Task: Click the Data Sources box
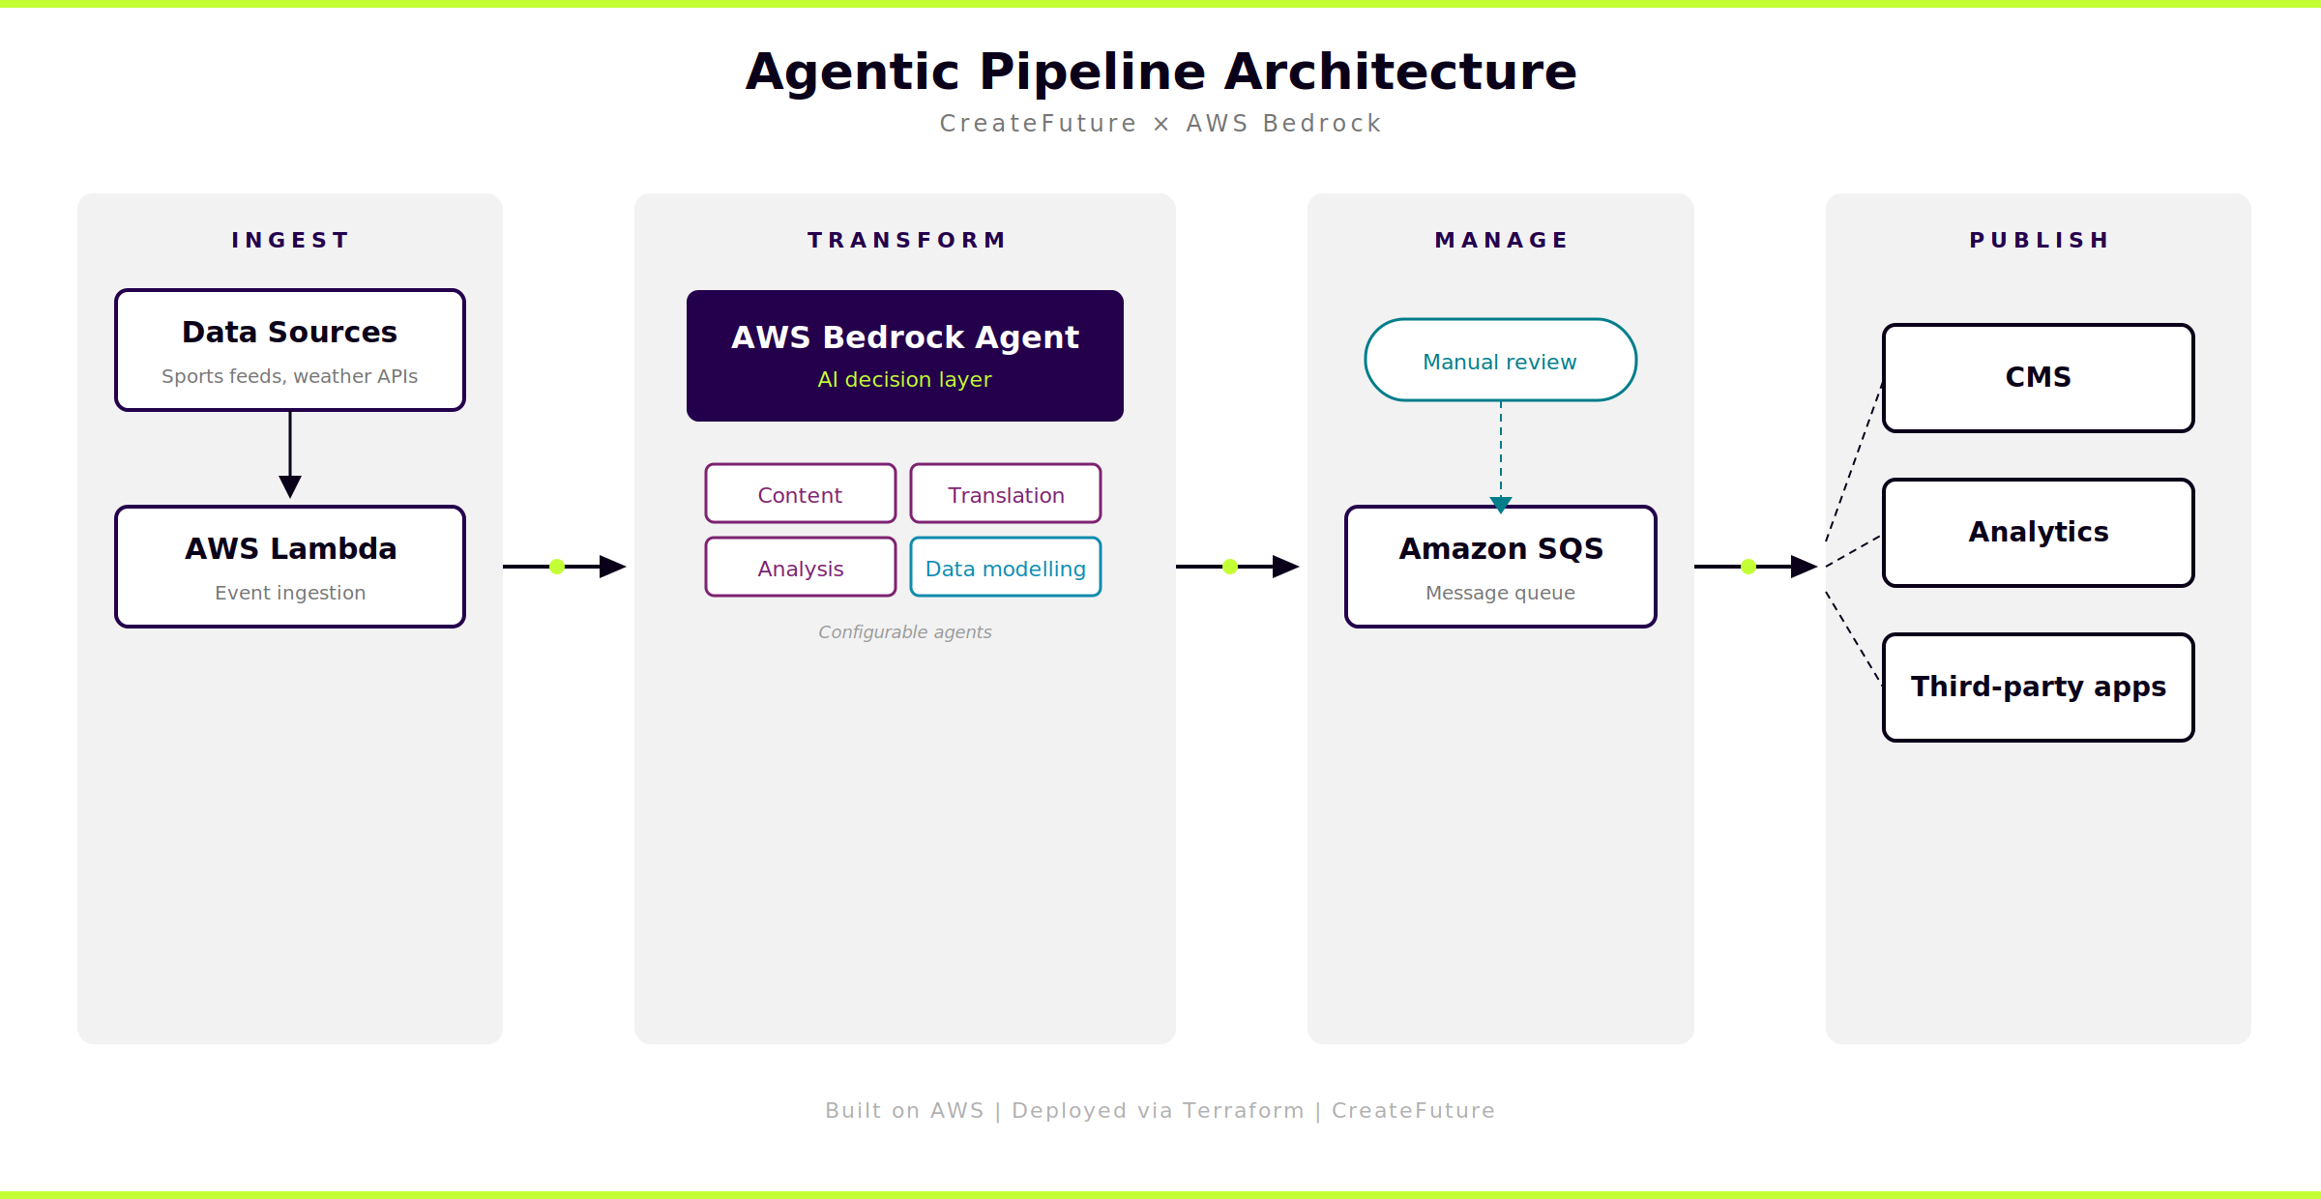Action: coord(290,350)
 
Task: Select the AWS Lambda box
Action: coord(290,567)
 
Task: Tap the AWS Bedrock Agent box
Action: coord(905,356)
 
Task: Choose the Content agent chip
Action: coord(801,494)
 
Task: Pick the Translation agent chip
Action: coord(1006,494)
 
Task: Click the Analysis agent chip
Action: coord(801,568)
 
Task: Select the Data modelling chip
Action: coord(1006,568)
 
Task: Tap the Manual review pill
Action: coord(1500,361)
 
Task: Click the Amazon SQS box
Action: coord(1500,567)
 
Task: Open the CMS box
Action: coord(2038,378)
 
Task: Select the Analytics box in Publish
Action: coord(2038,533)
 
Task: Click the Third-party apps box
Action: coord(2038,687)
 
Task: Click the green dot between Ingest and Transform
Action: coord(557,567)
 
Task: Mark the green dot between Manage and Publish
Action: coord(1748,567)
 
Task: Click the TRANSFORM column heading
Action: coord(906,240)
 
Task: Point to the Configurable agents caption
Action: coord(905,632)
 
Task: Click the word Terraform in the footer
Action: coord(1244,1110)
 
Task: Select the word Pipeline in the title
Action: coord(1093,73)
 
